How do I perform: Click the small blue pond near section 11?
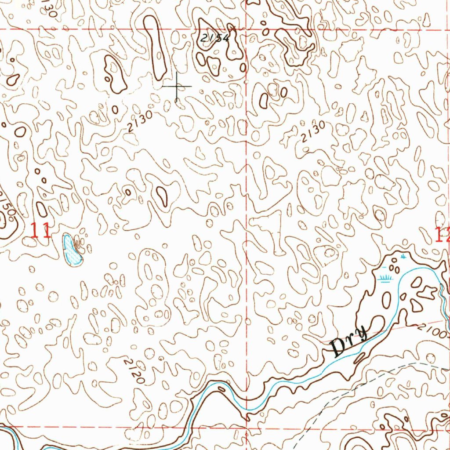[x=72, y=250]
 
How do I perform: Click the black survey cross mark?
[x=177, y=86]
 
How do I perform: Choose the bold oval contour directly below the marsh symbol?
[x=387, y=300]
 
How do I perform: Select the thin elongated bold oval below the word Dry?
[x=359, y=358]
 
